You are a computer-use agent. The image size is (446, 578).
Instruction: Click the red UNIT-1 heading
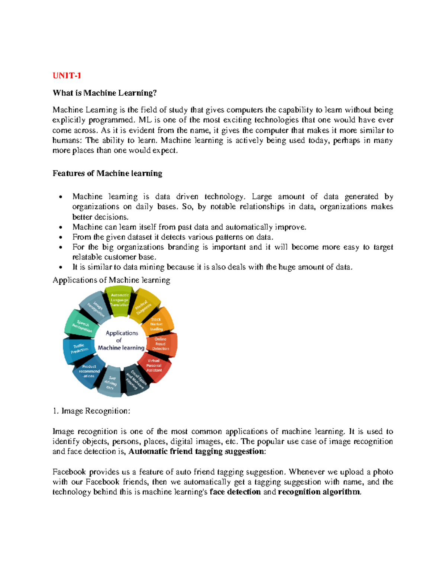[67, 76]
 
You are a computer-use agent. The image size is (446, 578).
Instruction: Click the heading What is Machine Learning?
[105, 93]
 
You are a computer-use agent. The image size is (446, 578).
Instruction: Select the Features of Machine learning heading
[107, 173]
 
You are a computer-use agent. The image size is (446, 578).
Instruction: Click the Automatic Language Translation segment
[119, 300]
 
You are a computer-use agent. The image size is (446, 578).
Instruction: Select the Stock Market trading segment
[157, 324]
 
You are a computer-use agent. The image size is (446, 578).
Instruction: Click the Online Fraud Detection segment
[161, 344]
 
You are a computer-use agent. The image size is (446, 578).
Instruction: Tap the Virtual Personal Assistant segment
[154, 365]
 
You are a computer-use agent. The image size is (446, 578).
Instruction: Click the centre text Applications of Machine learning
[121, 341]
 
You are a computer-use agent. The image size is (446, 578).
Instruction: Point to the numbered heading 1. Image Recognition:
[91, 411]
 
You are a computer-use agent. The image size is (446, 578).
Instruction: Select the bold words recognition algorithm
[319, 492]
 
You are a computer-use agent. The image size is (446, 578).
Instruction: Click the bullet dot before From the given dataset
[61, 237]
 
